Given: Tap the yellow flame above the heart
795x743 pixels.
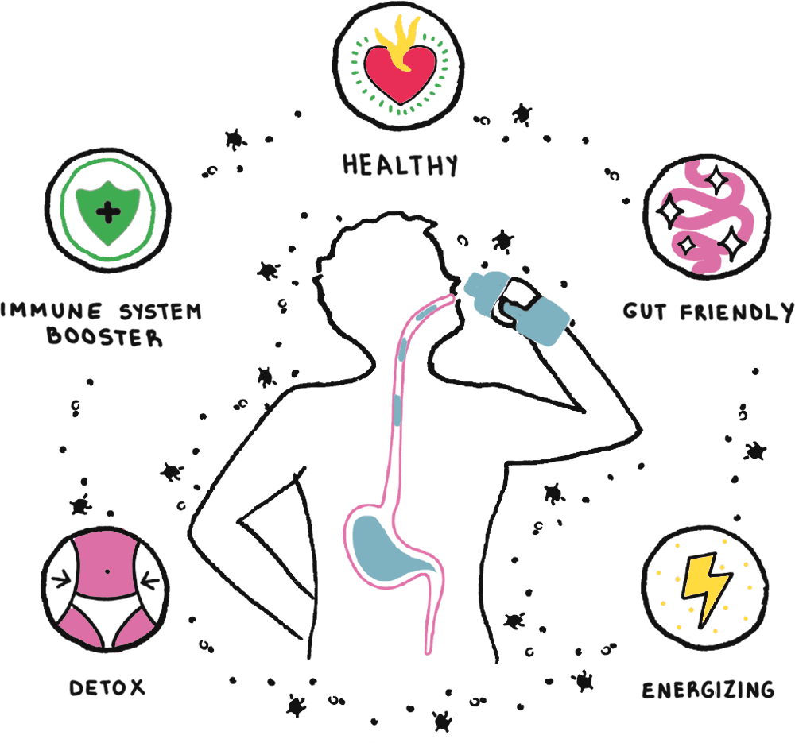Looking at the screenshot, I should pos(400,44).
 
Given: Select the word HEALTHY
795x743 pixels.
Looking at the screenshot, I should pos(401,164).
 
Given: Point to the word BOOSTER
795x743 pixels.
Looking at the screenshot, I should pos(104,336).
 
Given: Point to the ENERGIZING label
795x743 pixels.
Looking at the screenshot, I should pos(708,688).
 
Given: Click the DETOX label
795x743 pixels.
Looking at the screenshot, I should pos(107,687).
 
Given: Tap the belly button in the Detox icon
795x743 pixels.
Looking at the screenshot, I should pos(107,571).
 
